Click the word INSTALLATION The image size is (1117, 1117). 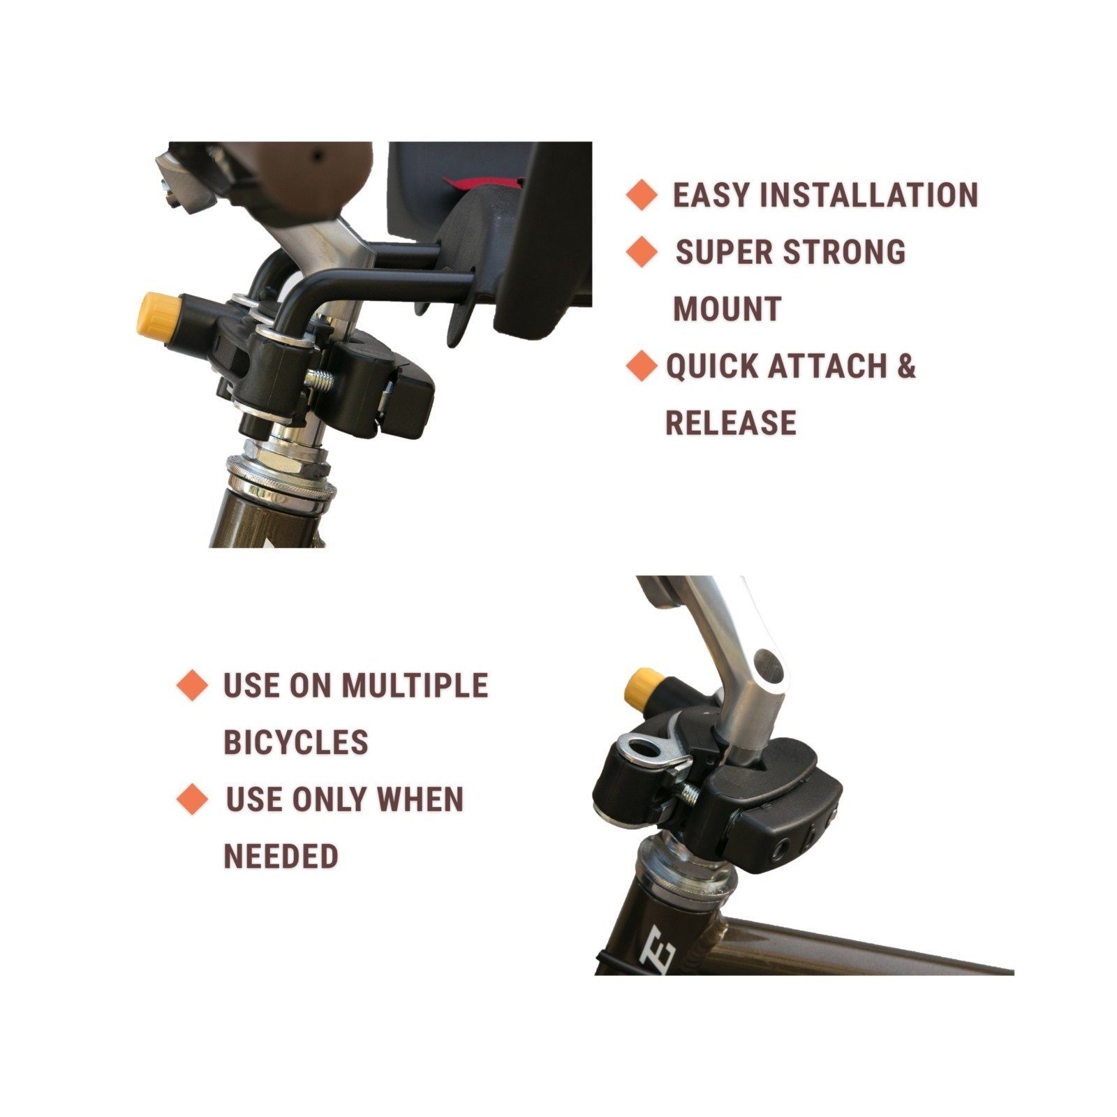[868, 195]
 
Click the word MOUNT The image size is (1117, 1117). [727, 309]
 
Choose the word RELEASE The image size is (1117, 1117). [731, 423]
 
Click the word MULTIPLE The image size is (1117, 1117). [414, 685]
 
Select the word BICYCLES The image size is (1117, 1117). [295, 742]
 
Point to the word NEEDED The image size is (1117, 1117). [281, 856]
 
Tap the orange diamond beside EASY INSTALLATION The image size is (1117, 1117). [642, 195]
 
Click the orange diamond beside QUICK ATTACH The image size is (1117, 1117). [642, 366]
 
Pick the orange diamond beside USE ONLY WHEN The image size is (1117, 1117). [192, 799]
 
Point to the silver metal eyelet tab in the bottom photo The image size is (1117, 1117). [646, 750]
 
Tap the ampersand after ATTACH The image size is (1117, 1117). [905, 366]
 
